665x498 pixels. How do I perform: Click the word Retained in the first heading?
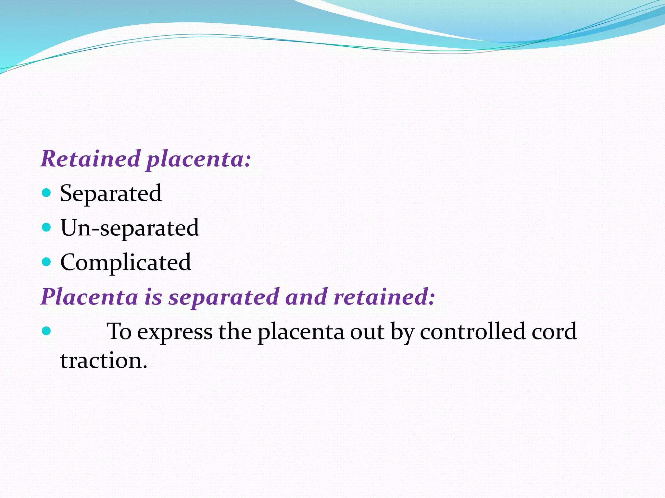(90, 159)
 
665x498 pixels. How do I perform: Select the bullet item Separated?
(111, 194)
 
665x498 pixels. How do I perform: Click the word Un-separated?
(130, 228)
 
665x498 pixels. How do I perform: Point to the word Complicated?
(126, 262)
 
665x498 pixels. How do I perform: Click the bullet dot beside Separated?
(47, 193)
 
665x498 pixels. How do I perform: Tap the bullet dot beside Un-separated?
(47, 227)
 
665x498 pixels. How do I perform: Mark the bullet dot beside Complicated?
(47, 262)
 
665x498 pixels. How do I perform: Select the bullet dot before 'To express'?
(47, 331)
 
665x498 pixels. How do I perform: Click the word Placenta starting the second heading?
(90, 297)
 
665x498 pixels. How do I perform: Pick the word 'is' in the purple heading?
(153, 297)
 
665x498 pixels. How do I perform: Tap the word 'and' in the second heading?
(306, 297)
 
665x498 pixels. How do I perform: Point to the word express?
(175, 332)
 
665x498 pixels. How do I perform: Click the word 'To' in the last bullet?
(119, 331)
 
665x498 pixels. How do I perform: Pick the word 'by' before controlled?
(402, 332)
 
